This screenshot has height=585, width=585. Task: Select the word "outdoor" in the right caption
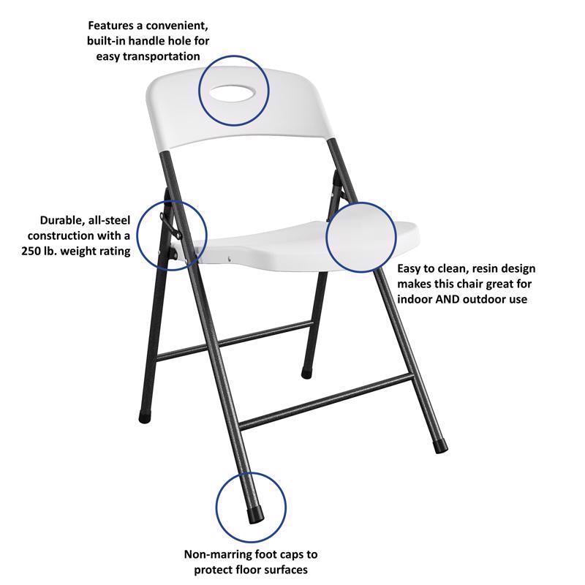click(x=486, y=299)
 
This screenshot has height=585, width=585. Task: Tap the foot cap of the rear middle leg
click(x=306, y=373)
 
